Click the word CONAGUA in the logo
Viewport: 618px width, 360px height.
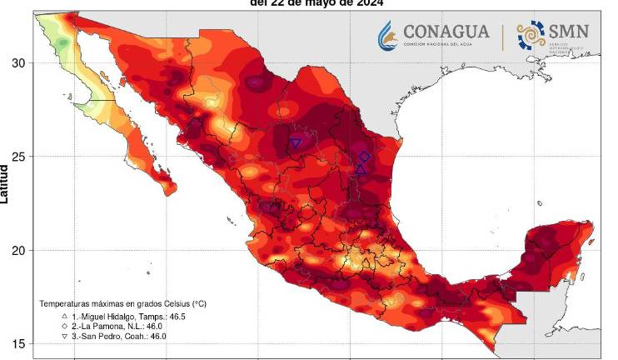pyautogui.click(x=446, y=31)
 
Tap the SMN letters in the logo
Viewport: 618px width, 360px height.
pyautogui.click(x=569, y=31)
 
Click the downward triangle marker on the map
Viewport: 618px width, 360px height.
pyautogui.click(x=296, y=143)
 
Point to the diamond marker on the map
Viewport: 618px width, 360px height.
pyautogui.click(x=364, y=157)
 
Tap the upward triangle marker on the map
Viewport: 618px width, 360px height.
pyautogui.click(x=361, y=169)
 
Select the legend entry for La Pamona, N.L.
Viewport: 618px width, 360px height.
pyautogui.click(x=104, y=326)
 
